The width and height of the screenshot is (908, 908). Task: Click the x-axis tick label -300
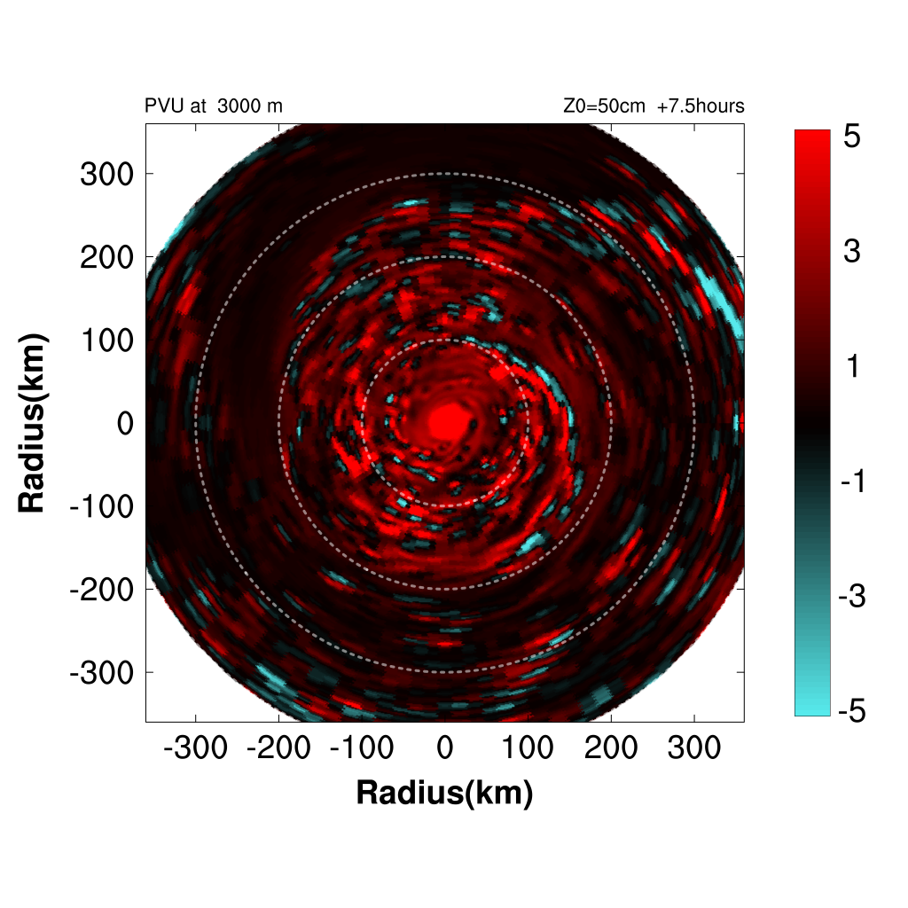click(196, 748)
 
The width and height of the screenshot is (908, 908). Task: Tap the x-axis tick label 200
click(611, 748)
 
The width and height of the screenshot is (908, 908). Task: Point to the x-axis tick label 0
click(445, 748)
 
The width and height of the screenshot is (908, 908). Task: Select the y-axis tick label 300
click(106, 174)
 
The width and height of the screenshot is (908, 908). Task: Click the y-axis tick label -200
click(100, 589)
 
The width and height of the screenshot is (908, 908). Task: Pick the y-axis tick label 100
click(106, 340)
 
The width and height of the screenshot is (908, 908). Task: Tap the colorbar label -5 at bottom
click(852, 711)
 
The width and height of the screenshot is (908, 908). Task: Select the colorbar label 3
click(852, 253)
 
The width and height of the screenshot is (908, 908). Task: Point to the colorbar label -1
click(852, 481)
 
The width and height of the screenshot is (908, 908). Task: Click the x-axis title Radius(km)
click(444, 793)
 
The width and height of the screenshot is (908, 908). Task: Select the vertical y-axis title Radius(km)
click(32, 423)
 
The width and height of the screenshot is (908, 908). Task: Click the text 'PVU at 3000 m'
click(214, 106)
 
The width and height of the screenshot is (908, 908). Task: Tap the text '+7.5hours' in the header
click(701, 106)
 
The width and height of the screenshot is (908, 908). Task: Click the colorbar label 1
click(852, 367)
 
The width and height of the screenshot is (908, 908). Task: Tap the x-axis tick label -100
click(362, 748)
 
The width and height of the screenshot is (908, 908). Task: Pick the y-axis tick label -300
click(100, 672)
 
